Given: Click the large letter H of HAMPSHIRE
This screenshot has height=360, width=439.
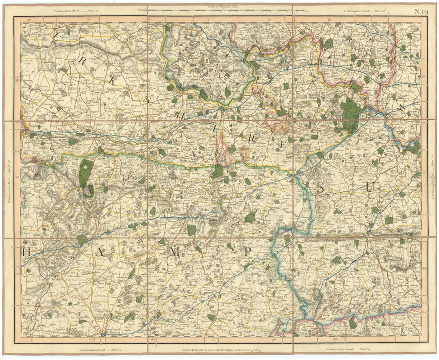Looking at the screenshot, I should [x=26, y=252].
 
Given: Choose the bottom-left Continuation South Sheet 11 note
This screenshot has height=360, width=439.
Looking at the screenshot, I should [x=100, y=349].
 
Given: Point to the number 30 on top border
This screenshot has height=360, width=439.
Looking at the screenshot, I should [x=29, y=20].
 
